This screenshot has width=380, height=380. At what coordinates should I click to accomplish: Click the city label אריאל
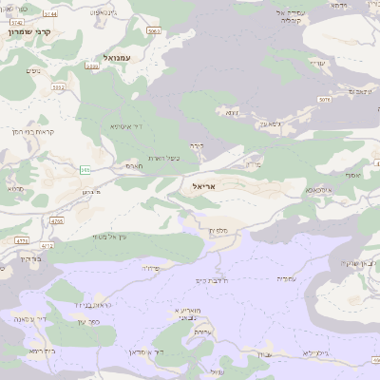(204, 187)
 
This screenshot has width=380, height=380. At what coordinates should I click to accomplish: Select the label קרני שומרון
(43, 31)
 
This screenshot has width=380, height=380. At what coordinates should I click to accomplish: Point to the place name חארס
(134, 165)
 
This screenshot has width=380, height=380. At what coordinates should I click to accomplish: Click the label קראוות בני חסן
(38, 131)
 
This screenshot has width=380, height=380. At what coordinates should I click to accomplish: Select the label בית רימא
(41, 351)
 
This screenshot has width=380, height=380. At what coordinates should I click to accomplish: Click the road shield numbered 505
(85, 169)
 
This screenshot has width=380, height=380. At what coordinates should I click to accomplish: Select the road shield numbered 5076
(324, 99)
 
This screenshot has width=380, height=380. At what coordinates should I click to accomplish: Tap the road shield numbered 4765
(57, 221)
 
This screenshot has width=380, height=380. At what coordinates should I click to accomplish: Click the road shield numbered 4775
(22, 241)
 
